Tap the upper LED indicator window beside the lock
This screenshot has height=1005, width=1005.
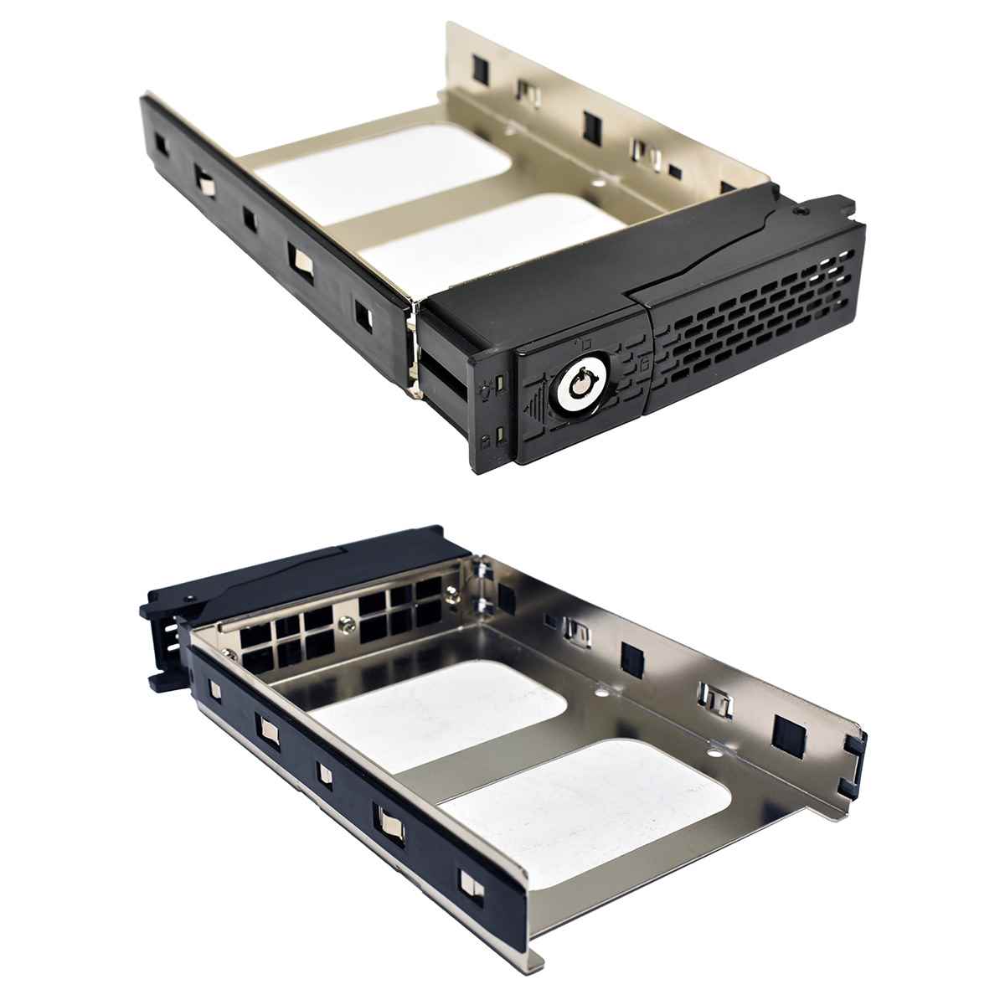(x=498, y=384)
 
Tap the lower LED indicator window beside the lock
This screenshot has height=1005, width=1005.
(x=498, y=435)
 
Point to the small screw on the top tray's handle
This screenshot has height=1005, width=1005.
(x=804, y=213)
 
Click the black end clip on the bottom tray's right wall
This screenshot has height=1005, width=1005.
(x=857, y=752)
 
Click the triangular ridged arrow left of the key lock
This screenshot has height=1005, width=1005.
(x=533, y=410)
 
